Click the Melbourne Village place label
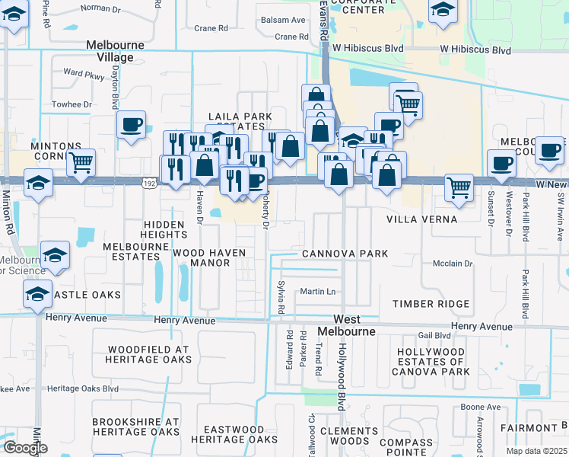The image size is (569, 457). [115, 51]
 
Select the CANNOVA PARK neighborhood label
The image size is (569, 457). [345, 254]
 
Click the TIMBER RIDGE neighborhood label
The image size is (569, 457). [431, 304]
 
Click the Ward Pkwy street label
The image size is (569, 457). [84, 74]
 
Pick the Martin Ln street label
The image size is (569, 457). [317, 292]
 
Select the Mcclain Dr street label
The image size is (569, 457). [453, 264]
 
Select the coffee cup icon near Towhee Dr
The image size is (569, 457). [132, 124]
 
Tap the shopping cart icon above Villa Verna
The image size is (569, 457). [459, 186]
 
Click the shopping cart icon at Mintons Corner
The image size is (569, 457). [81, 161]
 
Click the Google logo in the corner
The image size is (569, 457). [25, 448]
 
